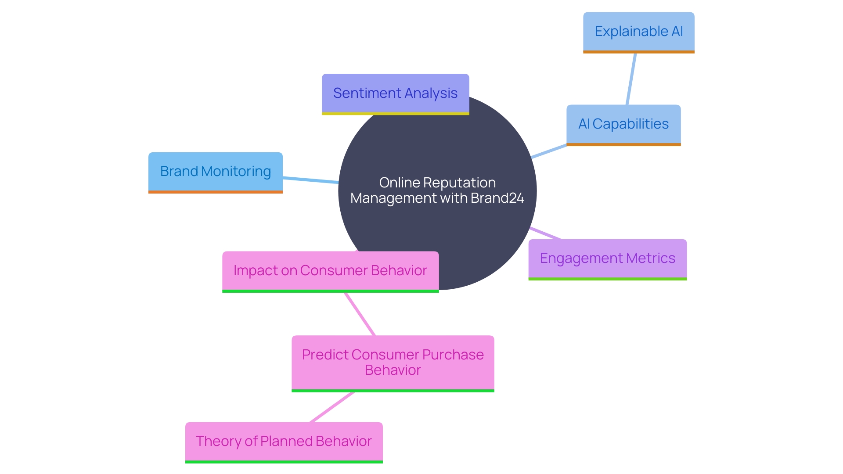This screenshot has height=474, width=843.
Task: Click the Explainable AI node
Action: (638, 32)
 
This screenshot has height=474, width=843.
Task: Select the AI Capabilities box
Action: (623, 124)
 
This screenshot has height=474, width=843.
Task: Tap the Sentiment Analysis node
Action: (395, 93)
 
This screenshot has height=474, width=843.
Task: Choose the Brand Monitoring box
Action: (215, 172)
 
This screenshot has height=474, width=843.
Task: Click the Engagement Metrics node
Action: (607, 259)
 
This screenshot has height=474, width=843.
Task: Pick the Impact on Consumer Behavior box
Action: (330, 271)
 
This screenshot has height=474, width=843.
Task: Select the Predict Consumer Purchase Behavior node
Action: (393, 363)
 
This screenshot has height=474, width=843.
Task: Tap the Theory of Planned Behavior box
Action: (284, 442)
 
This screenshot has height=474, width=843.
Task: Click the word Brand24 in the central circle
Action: (497, 198)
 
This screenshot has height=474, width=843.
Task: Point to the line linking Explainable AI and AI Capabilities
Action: (631, 79)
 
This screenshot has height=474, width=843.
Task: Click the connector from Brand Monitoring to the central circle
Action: (310, 180)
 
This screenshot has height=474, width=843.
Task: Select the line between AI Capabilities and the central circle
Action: (549, 151)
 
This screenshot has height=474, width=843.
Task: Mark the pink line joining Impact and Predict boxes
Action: (360, 314)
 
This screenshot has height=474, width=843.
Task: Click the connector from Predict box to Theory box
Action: (332, 407)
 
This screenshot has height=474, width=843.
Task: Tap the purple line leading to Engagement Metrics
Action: (546, 233)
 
